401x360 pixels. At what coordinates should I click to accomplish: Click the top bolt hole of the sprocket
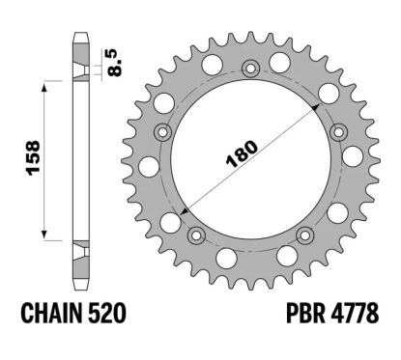click(x=250, y=68)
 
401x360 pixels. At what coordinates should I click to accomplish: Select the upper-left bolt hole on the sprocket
click(x=161, y=131)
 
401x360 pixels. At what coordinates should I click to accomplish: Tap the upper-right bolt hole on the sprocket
click(x=338, y=131)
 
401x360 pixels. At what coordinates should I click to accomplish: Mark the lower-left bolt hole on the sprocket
click(x=196, y=235)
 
